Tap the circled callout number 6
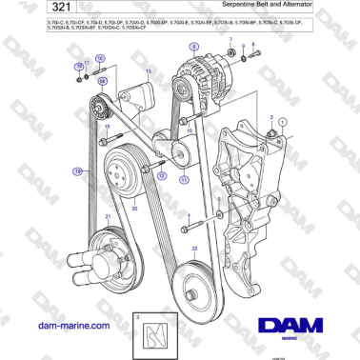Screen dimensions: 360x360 [196, 46]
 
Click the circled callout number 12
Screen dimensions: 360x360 [161, 177]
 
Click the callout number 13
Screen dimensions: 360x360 [149, 72]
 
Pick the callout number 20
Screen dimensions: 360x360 [134, 207]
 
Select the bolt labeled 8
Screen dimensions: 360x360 [247, 60]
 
